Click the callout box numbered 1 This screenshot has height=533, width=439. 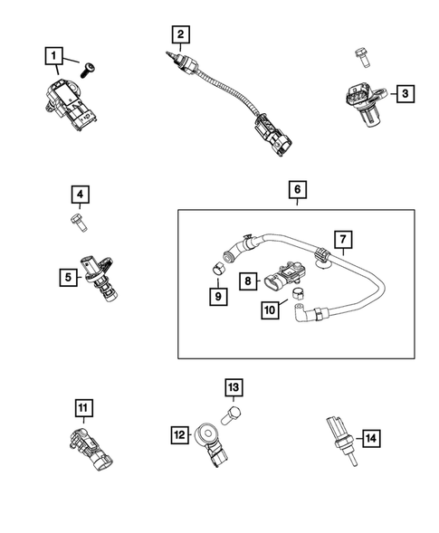[x=55, y=55]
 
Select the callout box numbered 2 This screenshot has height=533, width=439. [x=181, y=35]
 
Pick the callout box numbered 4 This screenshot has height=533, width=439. [x=81, y=195]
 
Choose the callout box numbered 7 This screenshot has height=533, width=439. [x=343, y=241]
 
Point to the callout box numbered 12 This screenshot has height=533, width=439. [x=178, y=437]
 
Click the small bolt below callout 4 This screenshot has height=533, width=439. [x=76, y=219]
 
